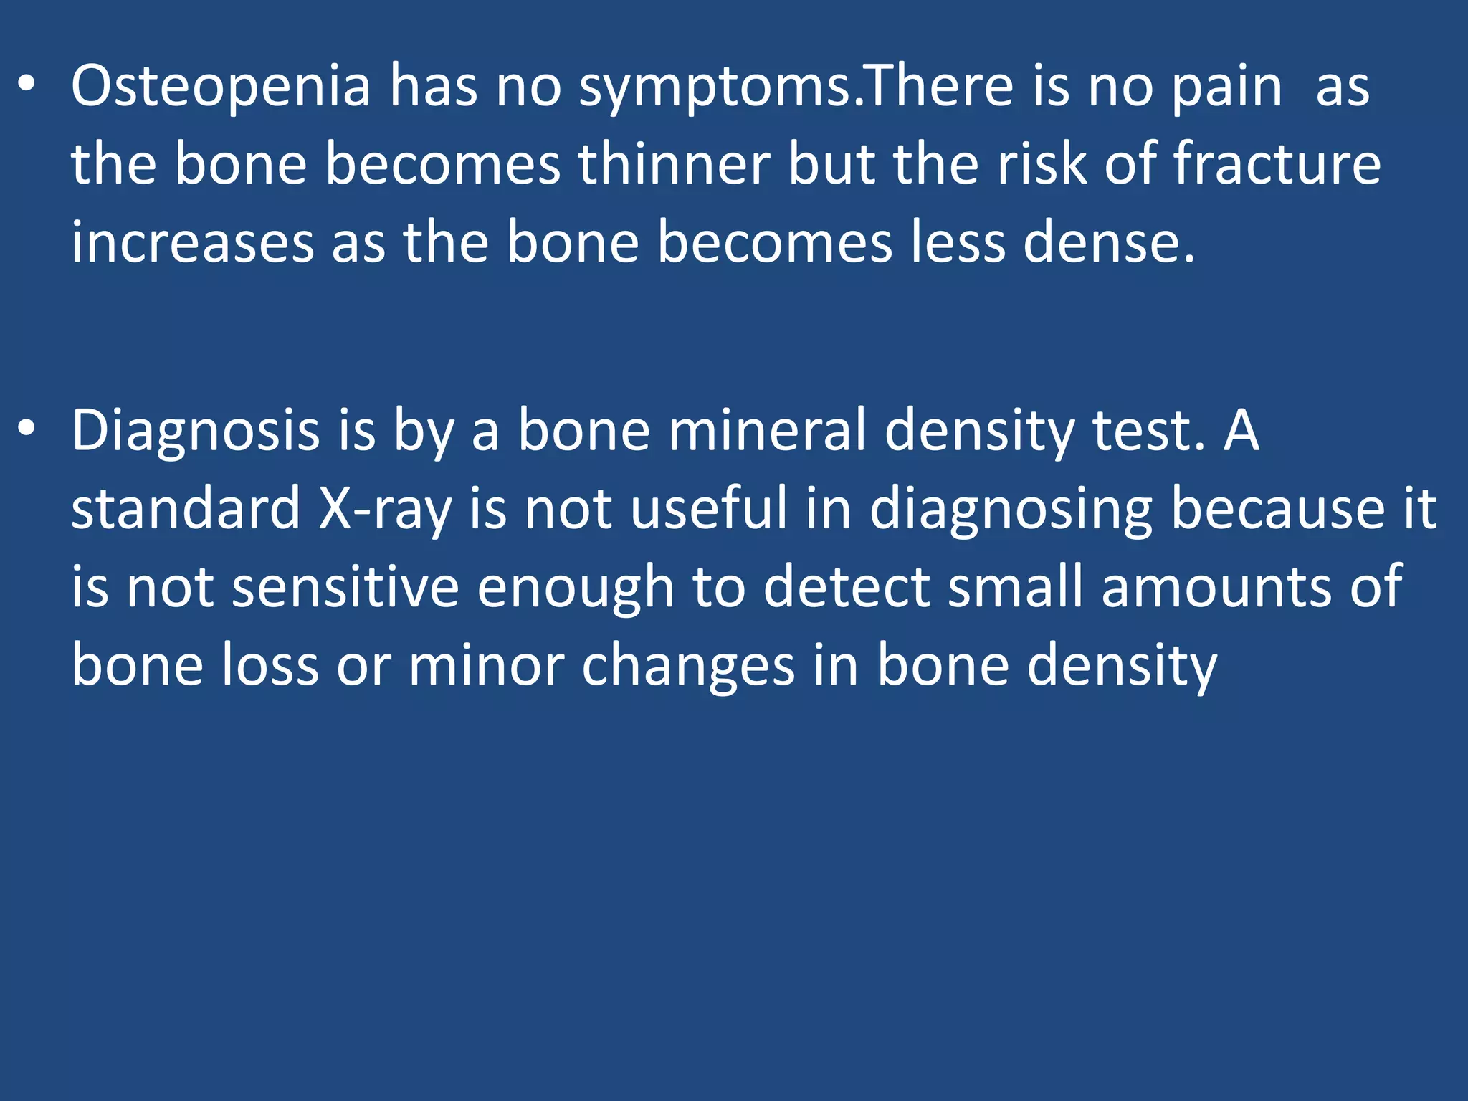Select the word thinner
[x=674, y=165]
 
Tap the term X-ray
[x=386, y=509]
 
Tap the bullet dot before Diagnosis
[x=27, y=429]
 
